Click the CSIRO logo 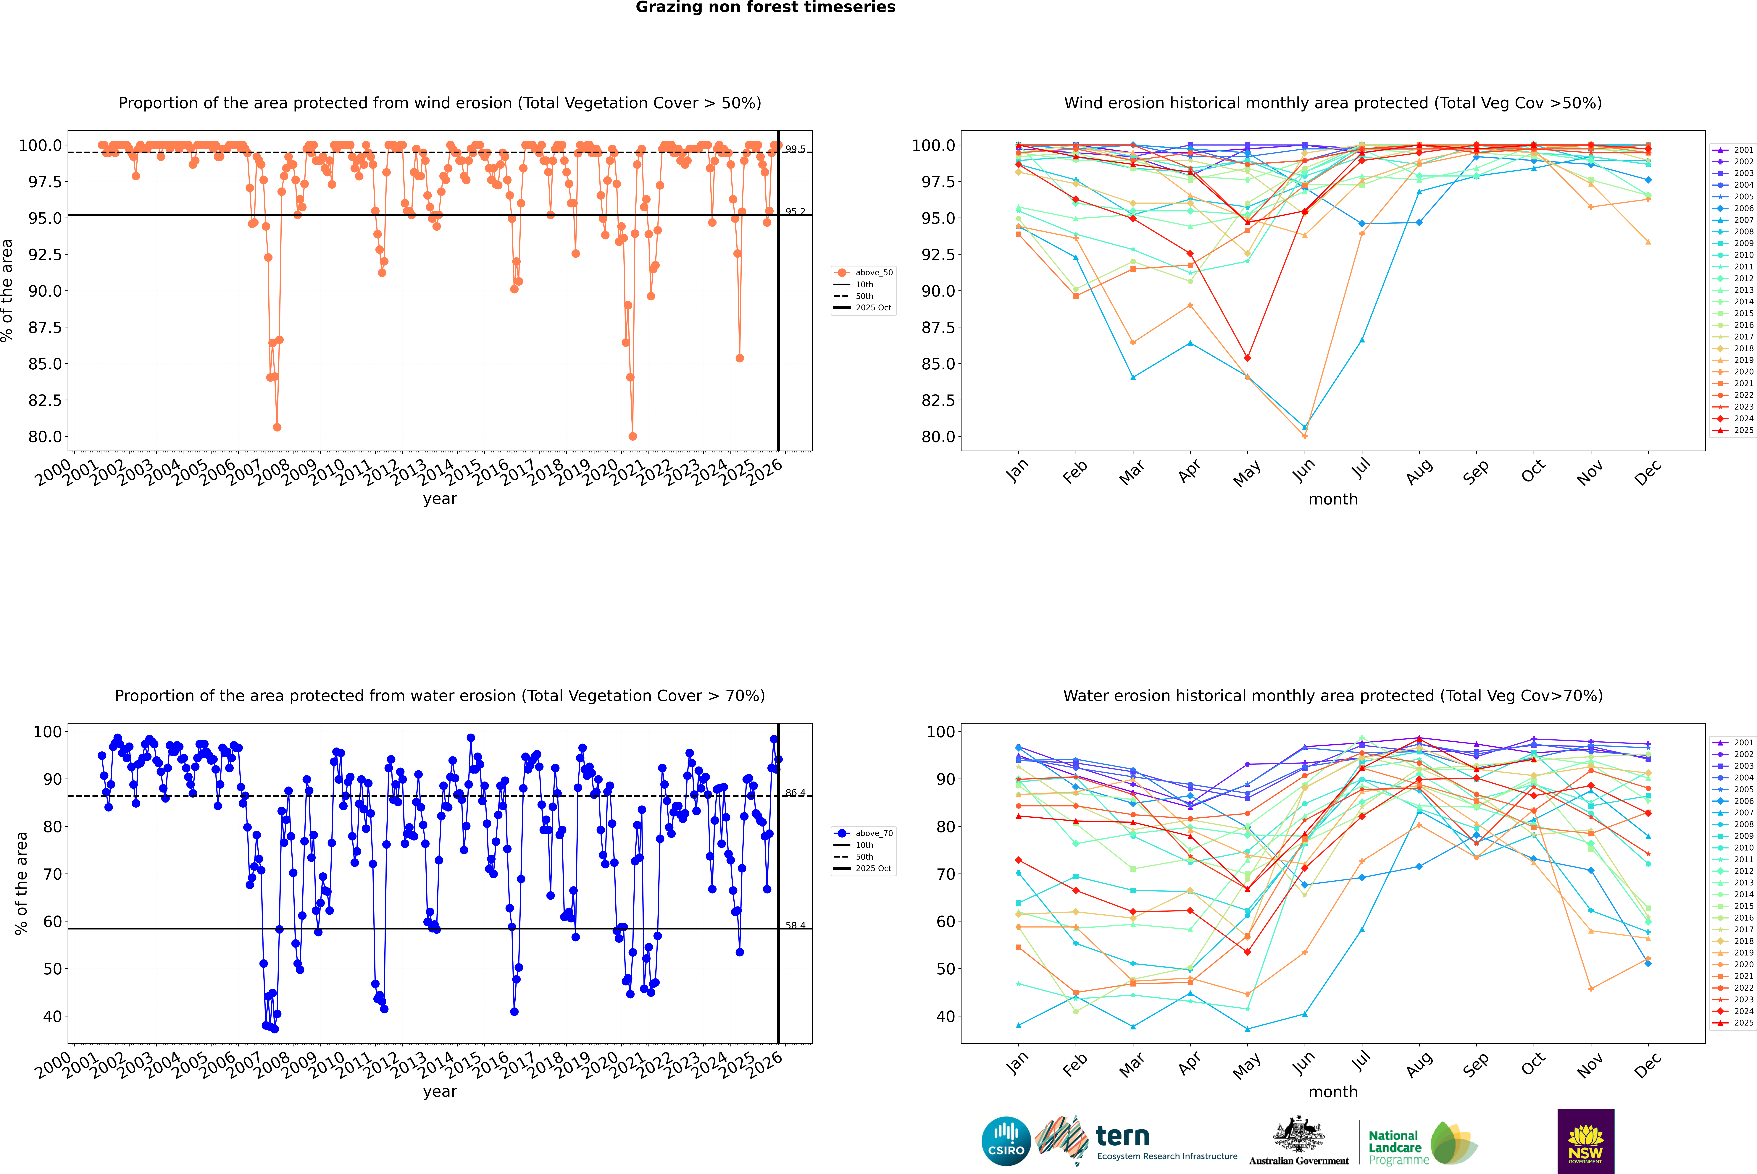pos(1006,1141)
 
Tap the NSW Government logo pos(1585,1141)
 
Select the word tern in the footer pos(1122,1136)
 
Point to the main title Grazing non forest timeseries pos(765,7)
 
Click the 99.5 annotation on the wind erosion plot pos(795,149)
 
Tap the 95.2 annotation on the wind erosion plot pos(795,212)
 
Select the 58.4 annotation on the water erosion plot pos(795,925)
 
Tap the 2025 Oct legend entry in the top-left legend pos(873,308)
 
